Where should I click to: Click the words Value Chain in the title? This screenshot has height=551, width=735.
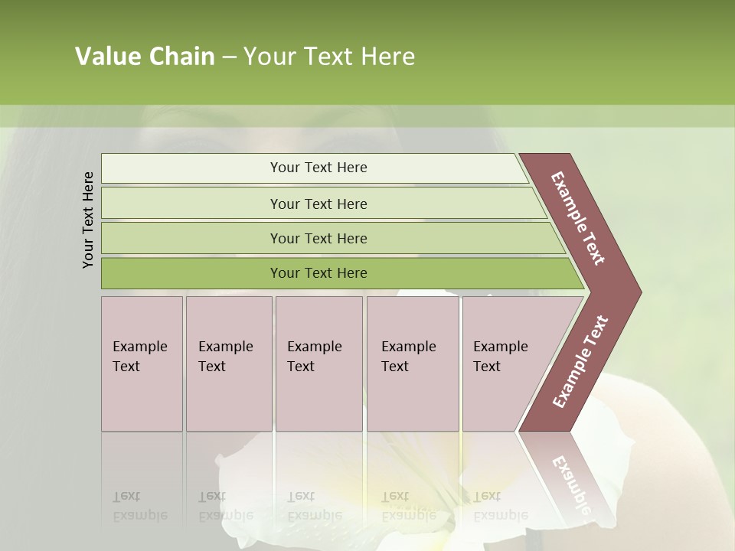pyautogui.click(x=145, y=57)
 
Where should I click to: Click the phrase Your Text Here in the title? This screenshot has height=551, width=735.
pyautogui.click(x=329, y=57)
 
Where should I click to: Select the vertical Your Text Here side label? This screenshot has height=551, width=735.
pyautogui.click(x=88, y=220)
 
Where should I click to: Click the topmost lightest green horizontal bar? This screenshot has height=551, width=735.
pyautogui.click(x=318, y=168)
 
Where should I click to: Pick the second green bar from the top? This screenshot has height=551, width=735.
pyautogui.click(x=318, y=204)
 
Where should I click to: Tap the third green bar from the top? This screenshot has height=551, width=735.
pyautogui.click(x=318, y=238)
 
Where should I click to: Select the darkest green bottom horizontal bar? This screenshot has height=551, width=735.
pyautogui.click(x=318, y=273)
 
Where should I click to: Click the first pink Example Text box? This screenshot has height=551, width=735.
pyautogui.click(x=142, y=363)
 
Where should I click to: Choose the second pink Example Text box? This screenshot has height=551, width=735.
pyautogui.click(x=228, y=363)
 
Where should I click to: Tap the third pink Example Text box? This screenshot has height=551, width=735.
pyautogui.click(x=318, y=363)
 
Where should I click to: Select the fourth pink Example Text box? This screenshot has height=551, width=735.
pyautogui.click(x=412, y=363)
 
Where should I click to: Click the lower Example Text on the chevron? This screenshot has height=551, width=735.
pyautogui.click(x=580, y=362)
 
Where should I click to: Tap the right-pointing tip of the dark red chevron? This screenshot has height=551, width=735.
pyautogui.click(x=635, y=292)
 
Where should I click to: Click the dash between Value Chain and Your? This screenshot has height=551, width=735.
pyautogui.click(x=229, y=57)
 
